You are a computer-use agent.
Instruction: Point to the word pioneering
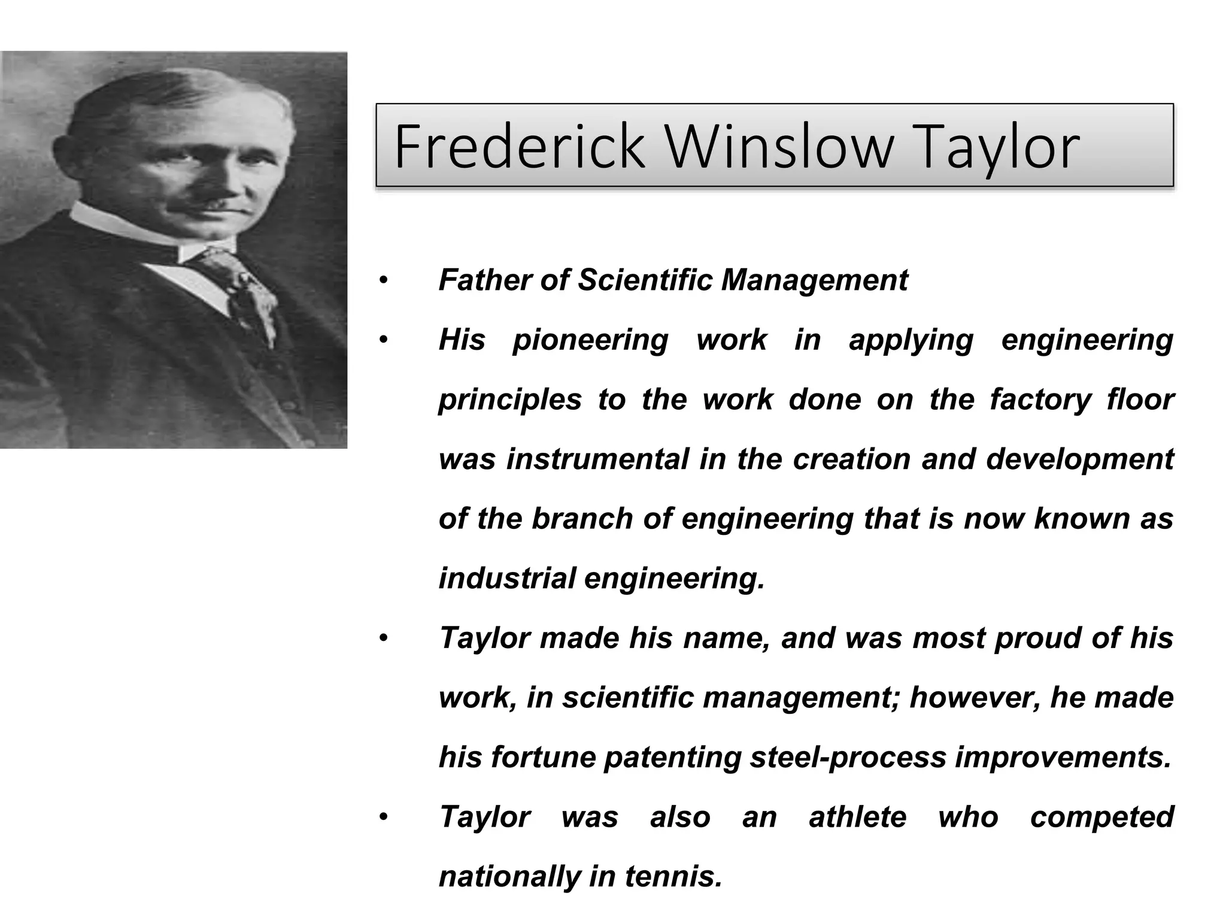coord(590,341)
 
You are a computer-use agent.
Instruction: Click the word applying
coord(911,341)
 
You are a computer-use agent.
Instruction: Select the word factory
coord(1040,400)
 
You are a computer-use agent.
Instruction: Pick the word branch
coord(582,519)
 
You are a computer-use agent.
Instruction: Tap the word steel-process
coord(848,758)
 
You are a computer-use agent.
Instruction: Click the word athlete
coord(857,817)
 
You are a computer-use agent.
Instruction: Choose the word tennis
coord(673,877)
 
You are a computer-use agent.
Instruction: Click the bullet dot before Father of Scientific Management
coord(384,280)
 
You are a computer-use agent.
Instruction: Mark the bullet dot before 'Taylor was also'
coord(384,818)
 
